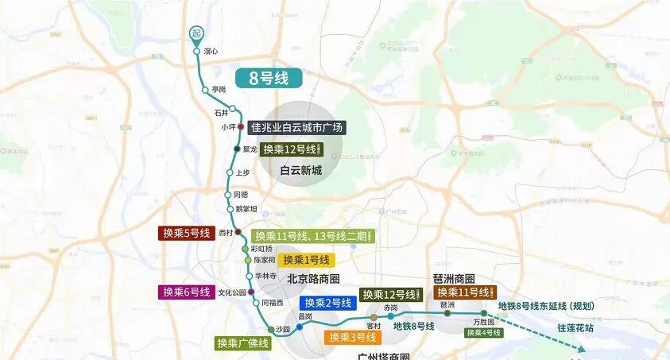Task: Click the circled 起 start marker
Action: coord(196,33)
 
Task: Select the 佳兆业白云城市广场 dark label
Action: coord(296,127)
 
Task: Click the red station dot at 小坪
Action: coord(240,126)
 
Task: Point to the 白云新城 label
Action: coord(300,170)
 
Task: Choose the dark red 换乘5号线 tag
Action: coord(186,233)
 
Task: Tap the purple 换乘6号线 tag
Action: coord(186,292)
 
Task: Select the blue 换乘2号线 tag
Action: coord(327,303)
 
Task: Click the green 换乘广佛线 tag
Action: coord(242,343)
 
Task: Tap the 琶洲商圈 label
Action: coord(454,280)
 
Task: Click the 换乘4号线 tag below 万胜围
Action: coord(483,333)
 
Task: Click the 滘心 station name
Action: coord(211,52)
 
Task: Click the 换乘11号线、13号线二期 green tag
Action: coord(312,236)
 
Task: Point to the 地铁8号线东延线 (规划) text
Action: coord(546,306)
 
